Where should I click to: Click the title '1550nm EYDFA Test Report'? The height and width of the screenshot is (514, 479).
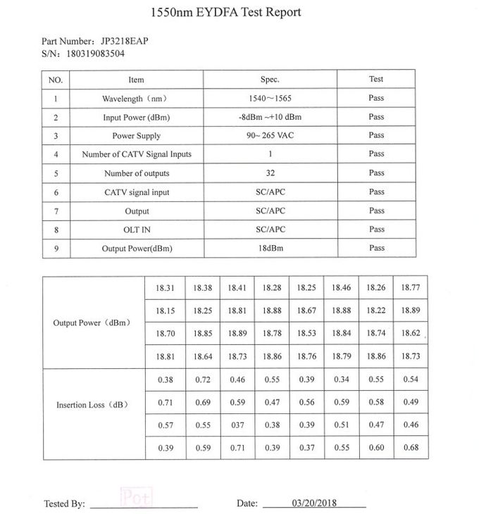pyautogui.click(x=226, y=12)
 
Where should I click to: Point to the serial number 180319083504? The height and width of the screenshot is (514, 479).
pyautogui.click(x=96, y=53)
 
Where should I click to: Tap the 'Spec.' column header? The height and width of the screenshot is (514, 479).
pyautogui.click(x=270, y=80)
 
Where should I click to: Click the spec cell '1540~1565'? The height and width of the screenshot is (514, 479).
pyautogui.click(x=270, y=99)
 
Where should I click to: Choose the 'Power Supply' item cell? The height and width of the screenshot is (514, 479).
pyautogui.click(x=136, y=136)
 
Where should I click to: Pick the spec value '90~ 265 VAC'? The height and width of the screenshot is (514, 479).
pyautogui.click(x=270, y=136)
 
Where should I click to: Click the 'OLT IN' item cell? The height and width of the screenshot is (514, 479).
pyautogui.click(x=136, y=230)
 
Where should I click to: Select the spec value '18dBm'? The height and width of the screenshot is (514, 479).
pyautogui.click(x=270, y=249)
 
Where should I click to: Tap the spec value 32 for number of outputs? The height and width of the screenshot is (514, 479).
pyautogui.click(x=270, y=173)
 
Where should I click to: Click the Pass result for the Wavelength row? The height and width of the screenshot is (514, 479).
pyautogui.click(x=376, y=98)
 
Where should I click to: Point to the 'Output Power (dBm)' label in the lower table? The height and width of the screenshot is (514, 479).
pyautogui.click(x=92, y=322)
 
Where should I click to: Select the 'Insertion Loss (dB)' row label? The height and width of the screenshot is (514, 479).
pyautogui.click(x=92, y=405)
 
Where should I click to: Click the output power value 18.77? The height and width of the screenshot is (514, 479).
pyautogui.click(x=410, y=287)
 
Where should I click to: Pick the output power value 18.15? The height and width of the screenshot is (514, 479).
pyautogui.click(x=166, y=311)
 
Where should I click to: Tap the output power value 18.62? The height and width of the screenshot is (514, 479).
pyautogui.click(x=410, y=333)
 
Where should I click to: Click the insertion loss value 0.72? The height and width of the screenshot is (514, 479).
pyautogui.click(x=203, y=380)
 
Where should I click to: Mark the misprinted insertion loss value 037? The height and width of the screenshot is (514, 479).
pyautogui.click(x=237, y=425)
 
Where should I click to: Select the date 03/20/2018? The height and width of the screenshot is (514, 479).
pyautogui.click(x=314, y=503)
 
